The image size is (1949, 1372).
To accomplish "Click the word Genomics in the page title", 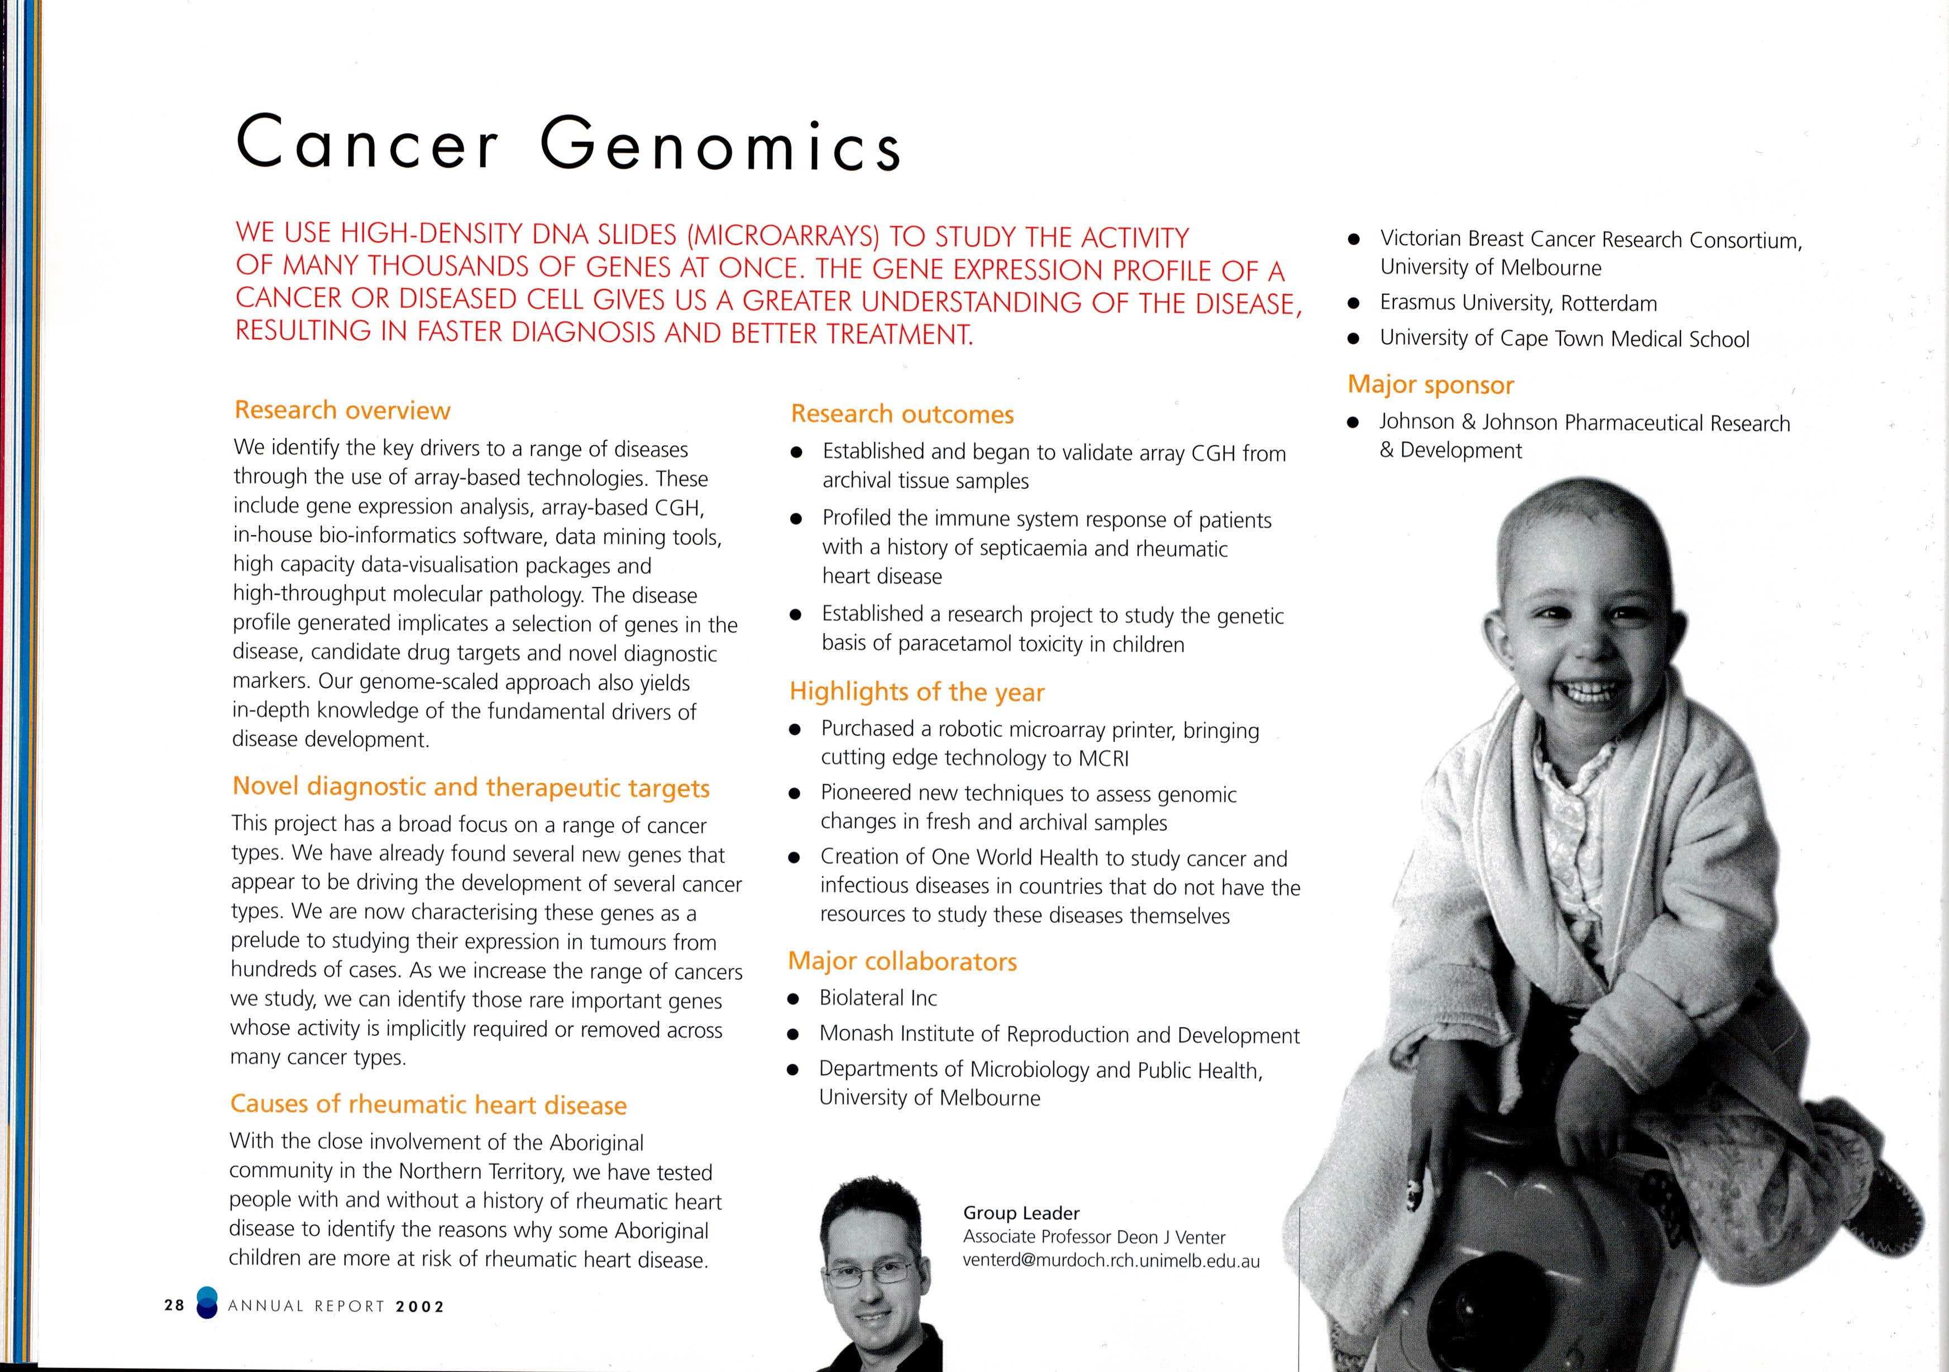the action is pyautogui.click(x=720, y=144).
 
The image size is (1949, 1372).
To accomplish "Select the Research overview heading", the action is pyautogui.click(x=342, y=410).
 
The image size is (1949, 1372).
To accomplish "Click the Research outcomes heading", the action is pyautogui.click(x=902, y=415).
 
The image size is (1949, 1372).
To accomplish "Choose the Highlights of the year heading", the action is pyautogui.click(x=917, y=692).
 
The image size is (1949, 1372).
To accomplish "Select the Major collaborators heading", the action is pyautogui.click(x=902, y=961).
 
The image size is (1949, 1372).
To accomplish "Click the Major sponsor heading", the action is pyautogui.click(x=1430, y=384).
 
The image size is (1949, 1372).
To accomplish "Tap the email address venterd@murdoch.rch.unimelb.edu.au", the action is pyautogui.click(x=1111, y=1261).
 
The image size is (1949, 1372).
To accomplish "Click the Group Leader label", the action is pyautogui.click(x=1021, y=1213).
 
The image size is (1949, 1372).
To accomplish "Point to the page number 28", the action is pyautogui.click(x=175, y=1306).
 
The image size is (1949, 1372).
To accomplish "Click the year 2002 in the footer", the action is pyautogui.click(x=420, y=1307).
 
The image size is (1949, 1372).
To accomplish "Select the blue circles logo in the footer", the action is pyautogui.click(x=206, y=1304).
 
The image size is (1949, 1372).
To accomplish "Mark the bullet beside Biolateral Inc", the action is pyautogui.click(x=794, y=999).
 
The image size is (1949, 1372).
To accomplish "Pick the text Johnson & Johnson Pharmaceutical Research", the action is pyautogui.click(x=1584, y=423).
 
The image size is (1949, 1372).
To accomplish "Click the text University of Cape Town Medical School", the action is pyautogui.click(x=1564, y=339).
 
